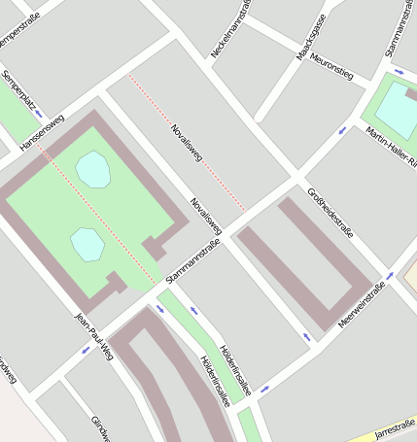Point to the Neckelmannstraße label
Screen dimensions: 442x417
coord(230,27)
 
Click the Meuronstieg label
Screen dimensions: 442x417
coord(331,67)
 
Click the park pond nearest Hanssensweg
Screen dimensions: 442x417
coord(93,169)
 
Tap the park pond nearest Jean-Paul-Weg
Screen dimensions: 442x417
coord(87,244)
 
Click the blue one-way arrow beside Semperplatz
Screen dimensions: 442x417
coord(38,114)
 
